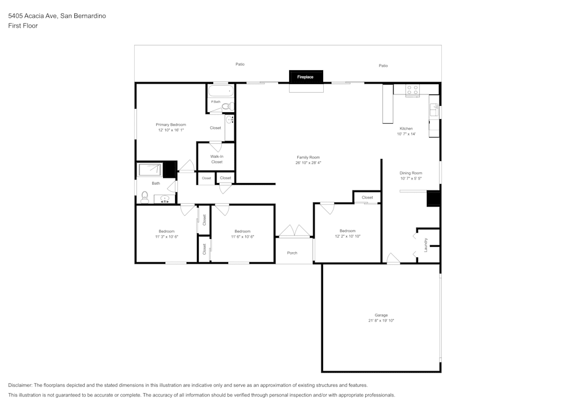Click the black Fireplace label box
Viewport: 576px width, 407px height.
[306, 77]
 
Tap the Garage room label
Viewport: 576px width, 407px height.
[381, 315]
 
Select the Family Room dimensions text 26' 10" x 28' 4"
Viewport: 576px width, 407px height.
[308, 163]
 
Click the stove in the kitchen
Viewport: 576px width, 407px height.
[412, 90]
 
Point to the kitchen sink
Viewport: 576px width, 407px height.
[434, 109]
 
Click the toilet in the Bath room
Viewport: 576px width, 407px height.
[145, 198]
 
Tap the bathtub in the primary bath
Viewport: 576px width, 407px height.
[221, 91]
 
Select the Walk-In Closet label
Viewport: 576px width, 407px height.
[217, 159]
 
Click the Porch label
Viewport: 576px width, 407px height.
[292, 253]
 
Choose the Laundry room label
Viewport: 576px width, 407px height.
[426, 245]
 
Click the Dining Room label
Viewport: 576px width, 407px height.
[411, 173]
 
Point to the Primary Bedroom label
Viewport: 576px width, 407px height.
[170, 124]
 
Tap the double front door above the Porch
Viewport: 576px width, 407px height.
[294, 231]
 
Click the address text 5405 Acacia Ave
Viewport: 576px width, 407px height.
[32, 16]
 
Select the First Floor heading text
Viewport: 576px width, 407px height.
[22, 26]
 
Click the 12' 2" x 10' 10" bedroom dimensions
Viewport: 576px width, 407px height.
[347, 236]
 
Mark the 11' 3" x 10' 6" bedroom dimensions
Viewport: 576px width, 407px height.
[166, 237]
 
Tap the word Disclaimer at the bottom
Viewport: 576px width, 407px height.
[20, 385]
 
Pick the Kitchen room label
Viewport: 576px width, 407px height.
[406, 128]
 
